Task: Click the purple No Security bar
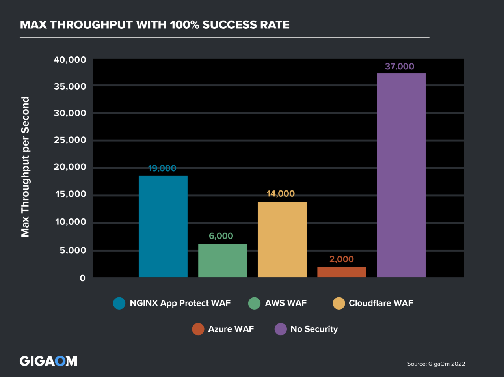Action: point(401,175)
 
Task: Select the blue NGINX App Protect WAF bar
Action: point(163,226)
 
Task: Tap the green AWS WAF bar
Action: point(222,261)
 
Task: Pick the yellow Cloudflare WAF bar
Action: point(282,239)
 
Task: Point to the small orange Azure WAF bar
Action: point(341,272)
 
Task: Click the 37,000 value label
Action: point(400,66)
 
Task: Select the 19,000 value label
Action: point(162,168)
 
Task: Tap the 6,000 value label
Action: point(221,236)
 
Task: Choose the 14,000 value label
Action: point(281,194)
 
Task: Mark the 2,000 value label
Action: point(341,259)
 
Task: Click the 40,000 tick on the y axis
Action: point(70,60)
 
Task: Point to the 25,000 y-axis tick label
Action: point(70,140)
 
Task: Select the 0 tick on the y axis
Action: point(82,278)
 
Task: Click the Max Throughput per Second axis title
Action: point(25,166)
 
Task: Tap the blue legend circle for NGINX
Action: point(119,303)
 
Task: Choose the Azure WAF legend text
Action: point(231,329)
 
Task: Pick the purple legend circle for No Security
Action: point(281,329)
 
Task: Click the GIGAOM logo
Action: point(48,361)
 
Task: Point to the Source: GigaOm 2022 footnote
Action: point(436,364)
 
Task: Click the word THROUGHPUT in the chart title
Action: point(91,25)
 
